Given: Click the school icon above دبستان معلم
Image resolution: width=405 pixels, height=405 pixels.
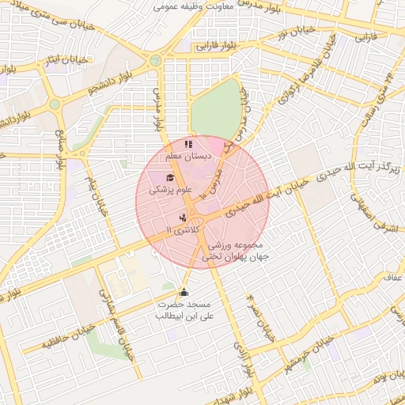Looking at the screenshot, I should pyautogui.click(x=187, y=145).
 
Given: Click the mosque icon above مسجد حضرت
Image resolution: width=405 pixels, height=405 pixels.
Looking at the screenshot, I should pyautogui.click(x=184, y=293).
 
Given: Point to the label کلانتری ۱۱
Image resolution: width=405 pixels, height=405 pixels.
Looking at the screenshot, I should pyautogui.click(x=180, y=229).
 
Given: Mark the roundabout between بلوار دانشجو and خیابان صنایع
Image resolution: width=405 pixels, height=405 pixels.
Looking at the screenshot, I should pyautogui.click(x=55, y=104).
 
